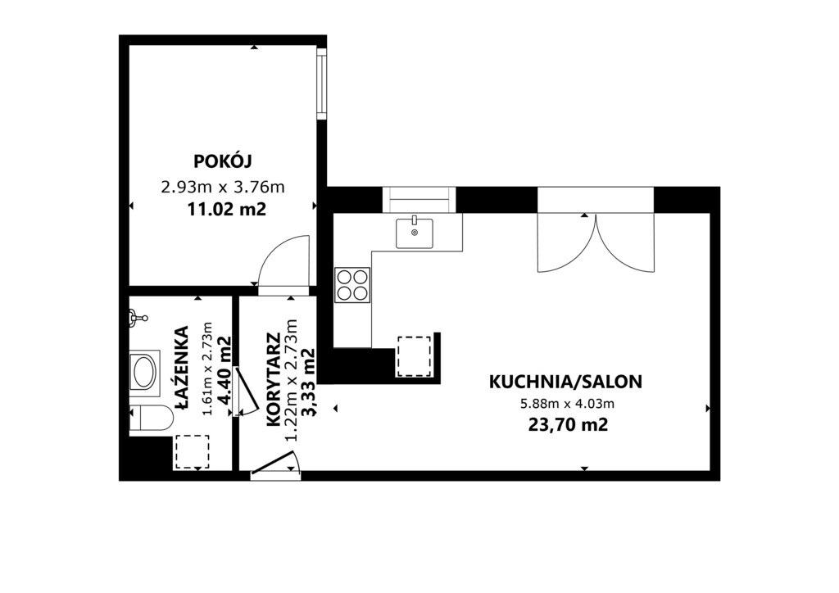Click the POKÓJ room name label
[223, 161]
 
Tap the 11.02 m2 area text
[226, 209]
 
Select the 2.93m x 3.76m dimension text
[223, 187]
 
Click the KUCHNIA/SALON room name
[565, 382]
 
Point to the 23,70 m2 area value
[569, 425]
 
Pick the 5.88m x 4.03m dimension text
[568, 404]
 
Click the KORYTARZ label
[274, 380]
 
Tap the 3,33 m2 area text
[309, 381]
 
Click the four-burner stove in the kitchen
[352, 284]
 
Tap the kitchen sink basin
[414, 233]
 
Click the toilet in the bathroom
[151, 418]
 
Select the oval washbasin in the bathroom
[144, 373]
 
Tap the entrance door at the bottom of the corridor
[275, 464]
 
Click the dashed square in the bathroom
[192, 452]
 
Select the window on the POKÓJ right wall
[321, 84]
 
